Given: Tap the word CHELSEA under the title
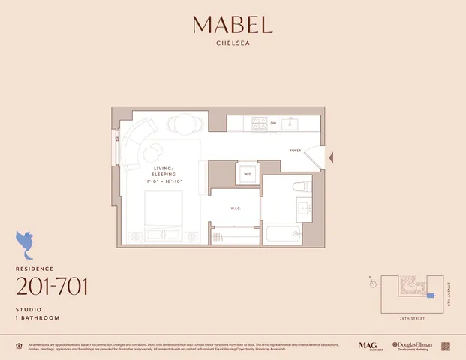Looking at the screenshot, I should tap(233, 43).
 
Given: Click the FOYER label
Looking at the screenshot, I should tap(296, 151).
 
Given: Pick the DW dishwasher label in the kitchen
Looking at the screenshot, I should tap(273, 123).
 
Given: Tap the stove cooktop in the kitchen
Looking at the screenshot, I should tap(259, 122).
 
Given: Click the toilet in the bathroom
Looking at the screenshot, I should tap(300, 187).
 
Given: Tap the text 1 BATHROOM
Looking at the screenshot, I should tap(37, 318).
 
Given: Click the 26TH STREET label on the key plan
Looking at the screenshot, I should tap(411, 317).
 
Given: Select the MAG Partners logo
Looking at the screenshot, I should tap(368, 345).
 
